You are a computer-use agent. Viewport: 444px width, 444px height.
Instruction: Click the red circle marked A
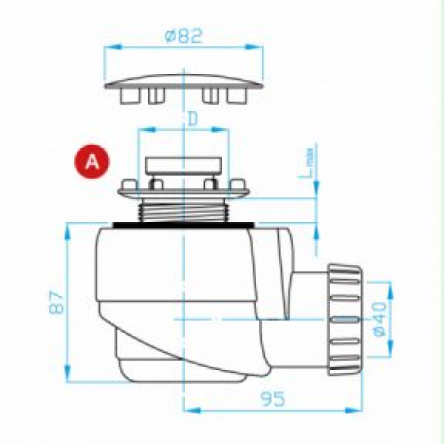[x=92, y=161]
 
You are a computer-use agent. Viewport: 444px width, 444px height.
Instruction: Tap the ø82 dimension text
[x=184, y=36]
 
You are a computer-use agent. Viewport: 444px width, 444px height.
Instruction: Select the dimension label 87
[x=56, y=302]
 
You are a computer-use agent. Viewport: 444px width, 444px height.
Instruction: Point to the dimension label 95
[x=272, y=399]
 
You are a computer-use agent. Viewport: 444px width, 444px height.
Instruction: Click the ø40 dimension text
[x=380, y=319]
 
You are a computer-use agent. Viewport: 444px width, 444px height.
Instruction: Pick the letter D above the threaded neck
[x=193, y=119]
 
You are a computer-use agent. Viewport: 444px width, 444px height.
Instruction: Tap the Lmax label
[x=306, y=163]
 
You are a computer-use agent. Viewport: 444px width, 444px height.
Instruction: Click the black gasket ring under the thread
[x=184, y=225]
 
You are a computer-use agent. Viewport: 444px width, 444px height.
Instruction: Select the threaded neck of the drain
[x=184, y=209]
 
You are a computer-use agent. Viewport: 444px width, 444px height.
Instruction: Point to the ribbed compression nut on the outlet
[x=345, y=320]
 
